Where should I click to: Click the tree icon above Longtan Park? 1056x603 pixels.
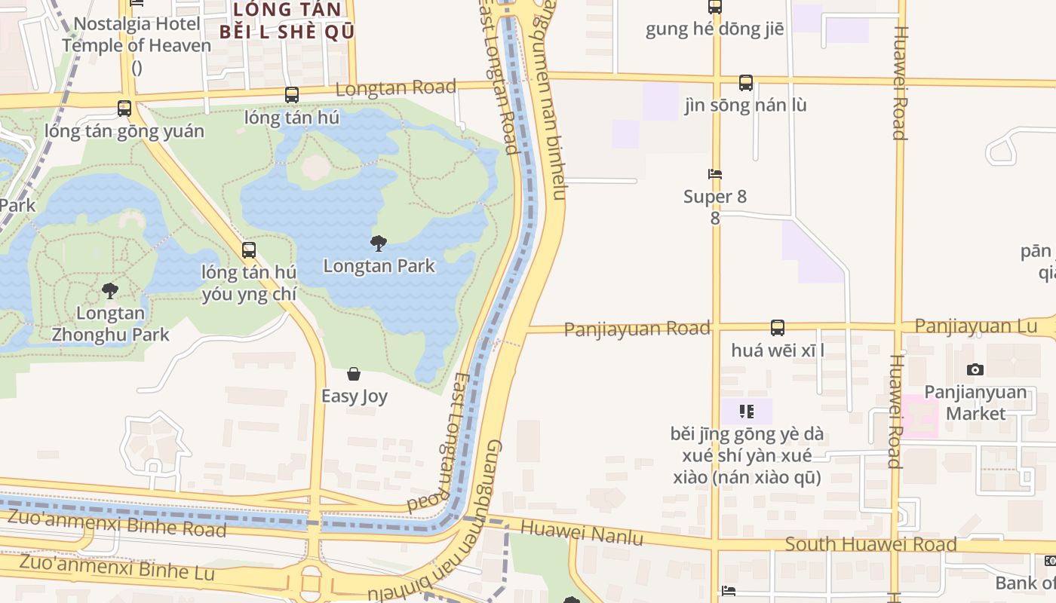pyautogui.click(x=379, y=243)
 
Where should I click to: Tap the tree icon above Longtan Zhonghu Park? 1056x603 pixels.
pyautogui.click(x=110, y=290)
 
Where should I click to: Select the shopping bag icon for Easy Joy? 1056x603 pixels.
pyautogui.click(x=353, y=374)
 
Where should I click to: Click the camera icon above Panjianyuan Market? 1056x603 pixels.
pyautogui.click(x=975, y=369)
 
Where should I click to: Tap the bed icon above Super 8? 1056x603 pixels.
pyautogui.click(x=715, y=174)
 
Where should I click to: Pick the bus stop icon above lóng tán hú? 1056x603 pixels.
pyautogui.click(x=292, y=95)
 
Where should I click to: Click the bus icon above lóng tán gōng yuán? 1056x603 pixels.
pyautogui.click(x=124, y=109)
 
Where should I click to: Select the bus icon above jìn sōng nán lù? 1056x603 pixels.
pyautogui.click(x=745, y=82)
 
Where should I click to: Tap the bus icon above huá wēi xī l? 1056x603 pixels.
pyautogui.click(x=778, y=328)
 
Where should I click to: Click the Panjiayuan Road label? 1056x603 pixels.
pyautogui.click(x=637, y=329)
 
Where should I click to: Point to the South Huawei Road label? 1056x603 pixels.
pyautogui.click(x=870, y=543)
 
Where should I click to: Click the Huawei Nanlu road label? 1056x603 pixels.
pyautogui.click(x=582, y=533)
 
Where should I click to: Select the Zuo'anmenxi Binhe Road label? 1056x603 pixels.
pyautogui.click(x=117, y=522)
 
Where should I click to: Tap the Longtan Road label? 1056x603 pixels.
pyautogui.click(x=395, y=88)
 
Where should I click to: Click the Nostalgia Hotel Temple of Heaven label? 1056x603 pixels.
pyautogui.click(x=137, y=35)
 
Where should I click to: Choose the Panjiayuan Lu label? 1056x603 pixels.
pyautogui.click(x=976, y=326)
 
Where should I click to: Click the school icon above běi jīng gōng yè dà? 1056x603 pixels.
pyautogui.click(x=746, y=411)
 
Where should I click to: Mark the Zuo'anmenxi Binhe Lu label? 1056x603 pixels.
pyautogui.click(x=117, y=567)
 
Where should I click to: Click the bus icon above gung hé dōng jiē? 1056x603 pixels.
pyautogui.click(x=714, y=7)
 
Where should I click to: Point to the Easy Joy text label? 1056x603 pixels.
pyautogui.click(x=354, y=396)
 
